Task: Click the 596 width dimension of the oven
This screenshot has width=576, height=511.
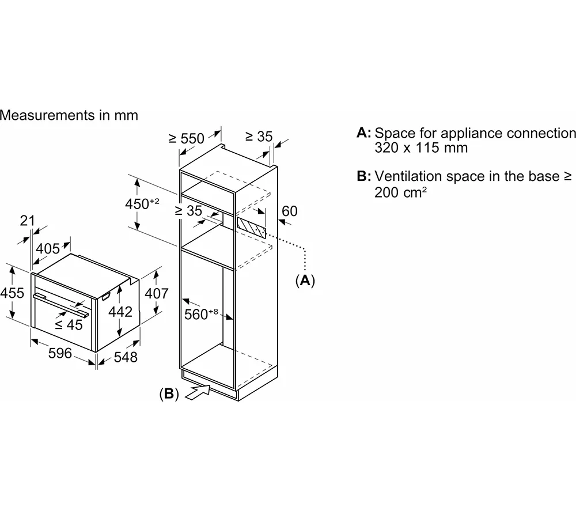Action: click(60, 353)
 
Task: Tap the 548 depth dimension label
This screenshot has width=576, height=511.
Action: click(125, 357)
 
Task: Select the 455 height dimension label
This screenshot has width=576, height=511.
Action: click(12, 293)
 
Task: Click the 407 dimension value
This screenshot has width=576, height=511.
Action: click(156, 293)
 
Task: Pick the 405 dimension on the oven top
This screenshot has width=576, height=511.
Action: click(48, 249)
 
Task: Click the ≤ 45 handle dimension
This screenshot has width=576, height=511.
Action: click(69, 324)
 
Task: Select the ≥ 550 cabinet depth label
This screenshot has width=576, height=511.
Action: click(187, 138)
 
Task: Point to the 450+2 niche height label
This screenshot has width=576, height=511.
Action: click(141, 204)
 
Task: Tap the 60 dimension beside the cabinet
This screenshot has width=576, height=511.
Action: click(290, 211)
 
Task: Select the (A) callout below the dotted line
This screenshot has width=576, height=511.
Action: click(305, 281)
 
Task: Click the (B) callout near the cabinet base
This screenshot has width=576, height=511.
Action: click(169, 394)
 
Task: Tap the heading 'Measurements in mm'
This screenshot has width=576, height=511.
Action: click(69, 115)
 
